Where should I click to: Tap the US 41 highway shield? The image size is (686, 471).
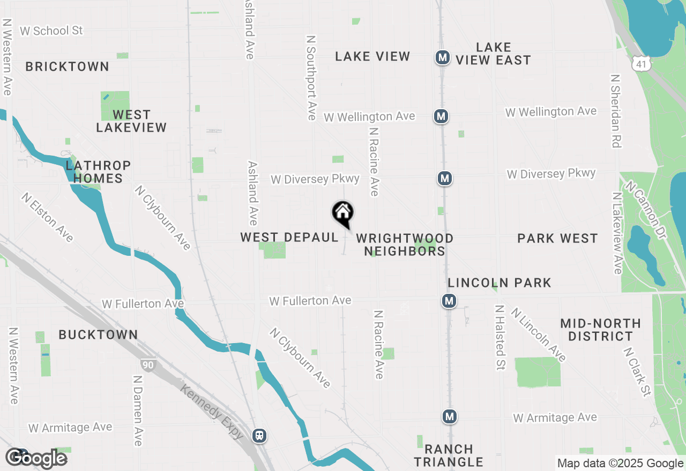click(640, 63)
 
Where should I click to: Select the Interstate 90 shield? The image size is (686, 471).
click(148, 366)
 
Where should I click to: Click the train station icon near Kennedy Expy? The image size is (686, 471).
click(259, 435)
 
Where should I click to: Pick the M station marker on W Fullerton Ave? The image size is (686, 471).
click(449, 301)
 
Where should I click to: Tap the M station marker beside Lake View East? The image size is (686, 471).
click(442, 57)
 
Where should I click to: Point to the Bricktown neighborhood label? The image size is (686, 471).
click(67, 67)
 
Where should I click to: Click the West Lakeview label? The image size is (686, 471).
click(131, 121)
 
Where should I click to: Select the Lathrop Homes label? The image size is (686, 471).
click(98, 172)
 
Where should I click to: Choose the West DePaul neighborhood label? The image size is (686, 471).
click(289, 237)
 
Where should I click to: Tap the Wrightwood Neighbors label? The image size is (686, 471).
click(405, 245)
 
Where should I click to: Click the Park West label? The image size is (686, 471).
click(557, 238)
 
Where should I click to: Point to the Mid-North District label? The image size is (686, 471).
click(600, 330)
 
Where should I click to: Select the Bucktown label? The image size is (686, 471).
click(98, 335)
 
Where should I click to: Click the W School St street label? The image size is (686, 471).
click(51, 31)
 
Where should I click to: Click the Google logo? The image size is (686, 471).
click(36, 458)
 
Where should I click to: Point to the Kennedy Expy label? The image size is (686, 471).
click(212, 412)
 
